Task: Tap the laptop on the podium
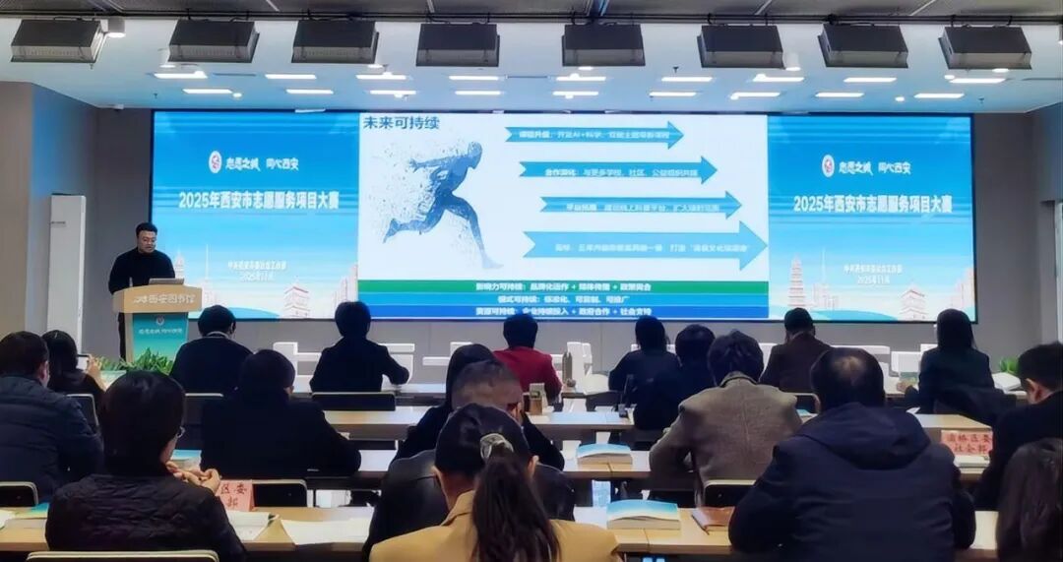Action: coord(165,281)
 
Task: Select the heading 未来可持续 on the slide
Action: coord(401,124)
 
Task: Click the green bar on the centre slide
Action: coord(562,286)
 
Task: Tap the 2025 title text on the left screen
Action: coord(258,200)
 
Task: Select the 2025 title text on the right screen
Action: coord(872,204)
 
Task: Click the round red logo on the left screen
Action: coord(215,161)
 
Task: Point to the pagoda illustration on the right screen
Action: coord(796,282)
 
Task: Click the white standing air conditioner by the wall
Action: coord(67,266)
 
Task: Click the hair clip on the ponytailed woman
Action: coord(496,445)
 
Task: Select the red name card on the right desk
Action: coord(966,442)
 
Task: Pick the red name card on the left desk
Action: coord(236,494)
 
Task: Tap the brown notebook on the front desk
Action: coord(711,518)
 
